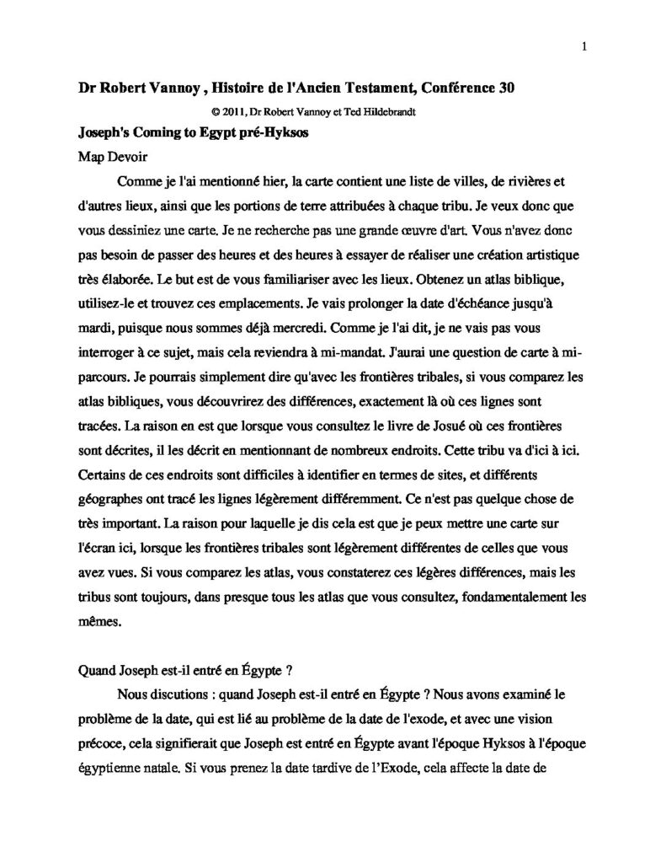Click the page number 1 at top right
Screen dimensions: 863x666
click(583, 48)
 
